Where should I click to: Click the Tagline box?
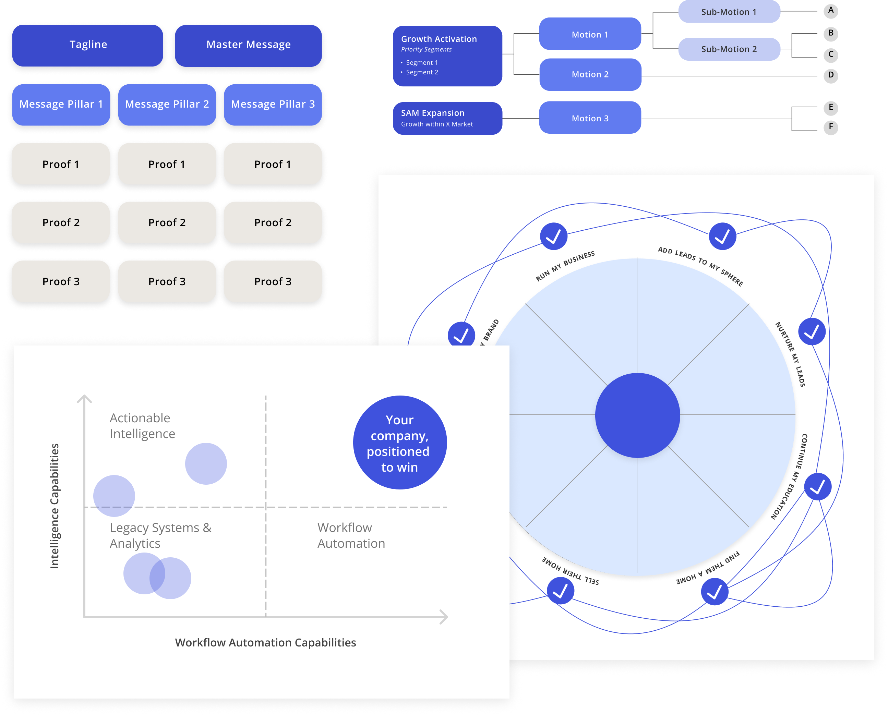pos(88,45)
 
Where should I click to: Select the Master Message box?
pos(248,45)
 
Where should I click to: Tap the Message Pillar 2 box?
pos(167,104)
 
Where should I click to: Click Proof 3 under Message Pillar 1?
pos(61,282)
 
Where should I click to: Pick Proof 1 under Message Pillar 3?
pos(273,164)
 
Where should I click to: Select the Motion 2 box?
pos(590,74)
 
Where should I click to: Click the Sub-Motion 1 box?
pos(729,12)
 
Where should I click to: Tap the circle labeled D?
pos(830,75)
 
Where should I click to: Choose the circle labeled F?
pos(830,127)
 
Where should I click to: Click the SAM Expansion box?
pos(447,118)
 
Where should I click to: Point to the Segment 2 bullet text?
pos(422,72)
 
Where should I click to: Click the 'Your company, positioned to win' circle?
pos(399,443)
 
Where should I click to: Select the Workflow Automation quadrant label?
pos(351,535)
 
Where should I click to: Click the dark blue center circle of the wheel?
pos(637,415)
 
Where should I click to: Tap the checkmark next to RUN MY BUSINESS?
pos(554,237)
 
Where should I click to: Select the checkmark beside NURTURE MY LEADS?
pos(812,331)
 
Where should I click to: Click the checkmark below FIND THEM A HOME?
pos(714,592)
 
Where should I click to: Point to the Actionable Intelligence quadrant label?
pos(142,426)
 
